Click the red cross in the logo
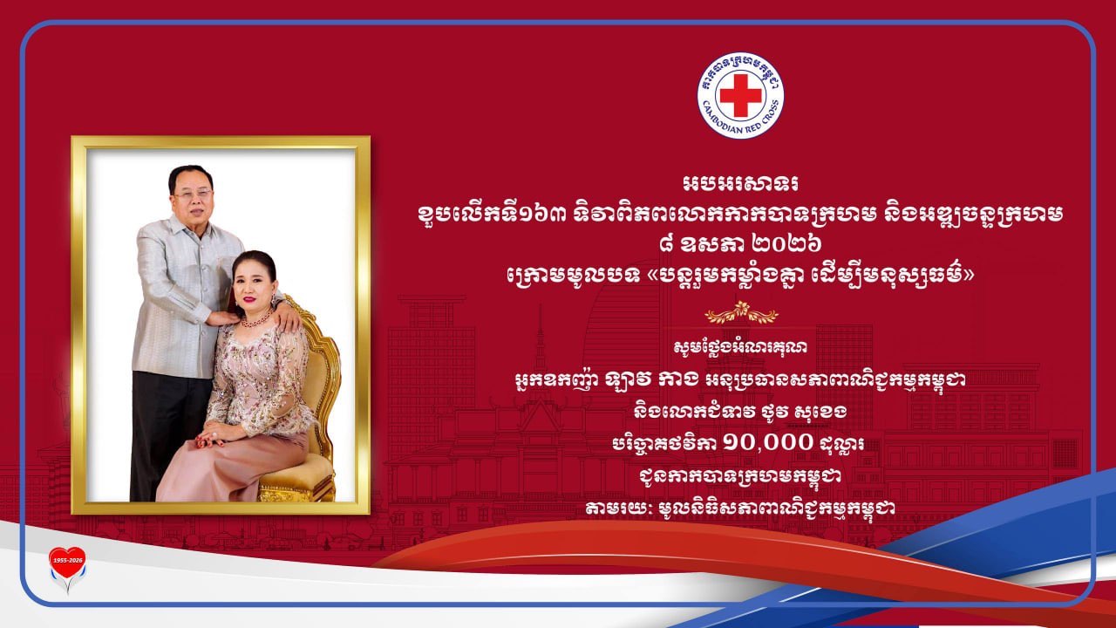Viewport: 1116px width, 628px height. coord(741,96)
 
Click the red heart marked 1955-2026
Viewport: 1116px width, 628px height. coord(67,563)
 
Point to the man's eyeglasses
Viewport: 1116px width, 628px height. coord(192,195)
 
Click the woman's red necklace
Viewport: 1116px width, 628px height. coord(257,319)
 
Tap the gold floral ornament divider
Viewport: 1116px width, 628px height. coord(741,313)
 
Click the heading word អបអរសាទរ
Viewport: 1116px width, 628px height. coord(741,183)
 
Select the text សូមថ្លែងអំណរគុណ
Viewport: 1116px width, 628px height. coord(741,347)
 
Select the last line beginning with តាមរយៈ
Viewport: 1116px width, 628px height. coord(740,509)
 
